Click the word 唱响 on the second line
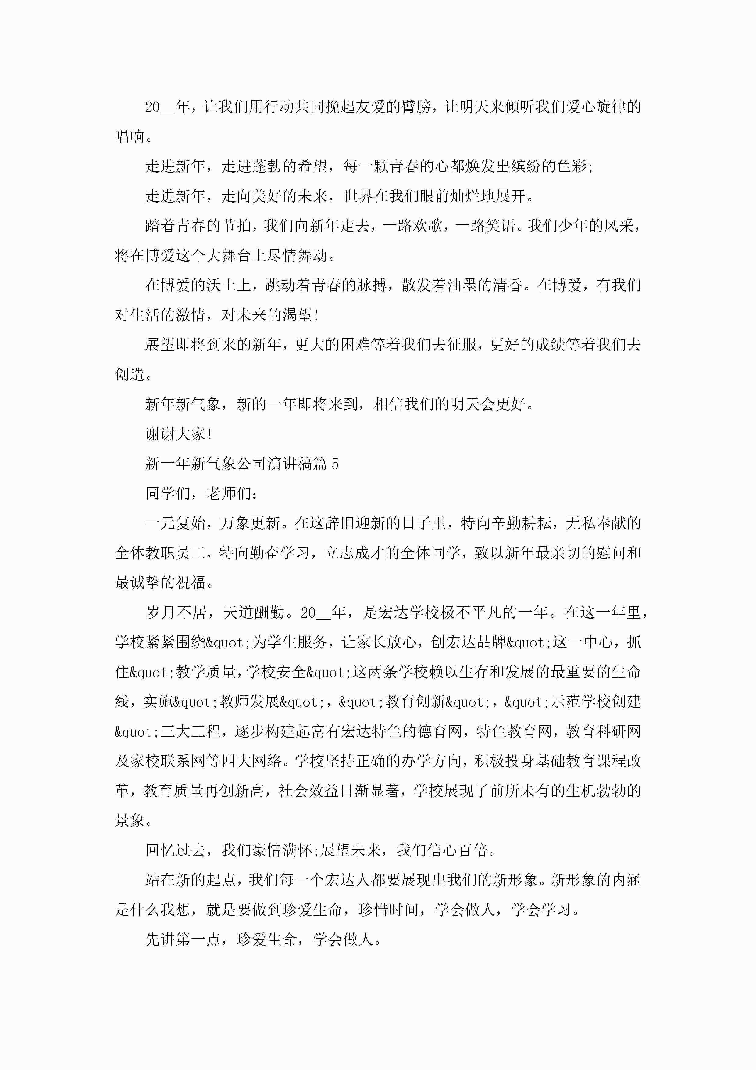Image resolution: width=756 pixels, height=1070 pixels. pos(130,137)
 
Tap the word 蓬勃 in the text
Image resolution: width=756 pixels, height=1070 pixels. pos(266,166)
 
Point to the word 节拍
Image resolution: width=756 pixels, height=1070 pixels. pos(236,226)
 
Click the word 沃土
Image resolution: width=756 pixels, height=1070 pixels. pos(221,285)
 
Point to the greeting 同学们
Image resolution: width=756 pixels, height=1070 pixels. pos(168,494)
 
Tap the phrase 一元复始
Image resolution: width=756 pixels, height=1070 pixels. pos(175,523)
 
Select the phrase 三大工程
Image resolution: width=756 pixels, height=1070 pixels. pos(191,732)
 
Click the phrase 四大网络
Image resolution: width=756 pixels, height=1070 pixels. pos(251,762)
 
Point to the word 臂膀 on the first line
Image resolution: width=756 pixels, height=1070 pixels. pos(416,107)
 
